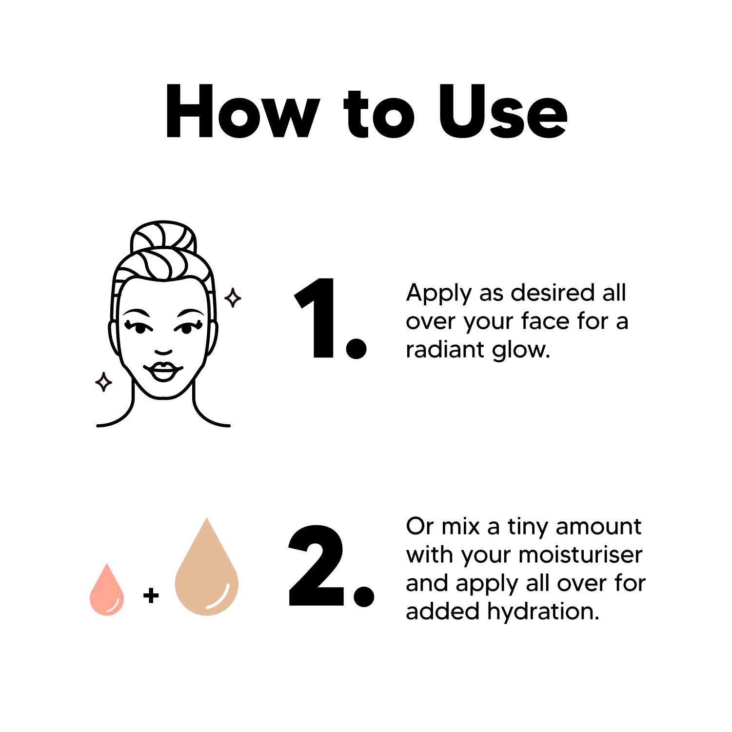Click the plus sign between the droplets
pos(151,595)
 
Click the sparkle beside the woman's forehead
pos(233,297)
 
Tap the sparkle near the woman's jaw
pos(103,382)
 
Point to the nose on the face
pos(163,352)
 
